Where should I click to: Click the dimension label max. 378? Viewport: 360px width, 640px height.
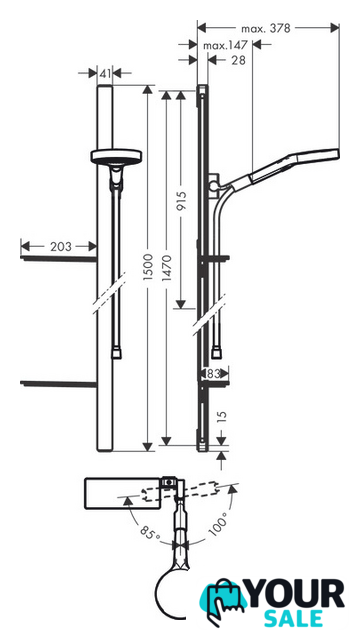(x=265, y=28)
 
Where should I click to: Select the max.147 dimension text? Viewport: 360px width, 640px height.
(x=226, y=45)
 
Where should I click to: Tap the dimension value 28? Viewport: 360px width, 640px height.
(x=238, y=60)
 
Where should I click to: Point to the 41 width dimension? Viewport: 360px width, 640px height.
(x=105, y=73)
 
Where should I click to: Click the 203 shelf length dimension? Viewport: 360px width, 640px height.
(x=61, y=247)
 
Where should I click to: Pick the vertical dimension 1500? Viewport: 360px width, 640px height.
(x=148, y=267)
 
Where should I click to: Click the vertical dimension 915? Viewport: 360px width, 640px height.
(x=180, y=200)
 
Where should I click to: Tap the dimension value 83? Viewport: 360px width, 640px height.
(x=214, y=373)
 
